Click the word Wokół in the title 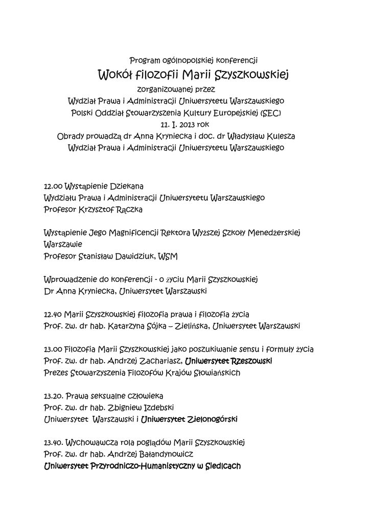coord(115,76)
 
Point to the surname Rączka coord(129,209)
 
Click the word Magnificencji coord(133,233)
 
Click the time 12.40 coord(53,314)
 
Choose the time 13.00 coord(53,349)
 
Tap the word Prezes coord(56,373)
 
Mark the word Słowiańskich coord(216,373)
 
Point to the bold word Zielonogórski coord(210,419)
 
